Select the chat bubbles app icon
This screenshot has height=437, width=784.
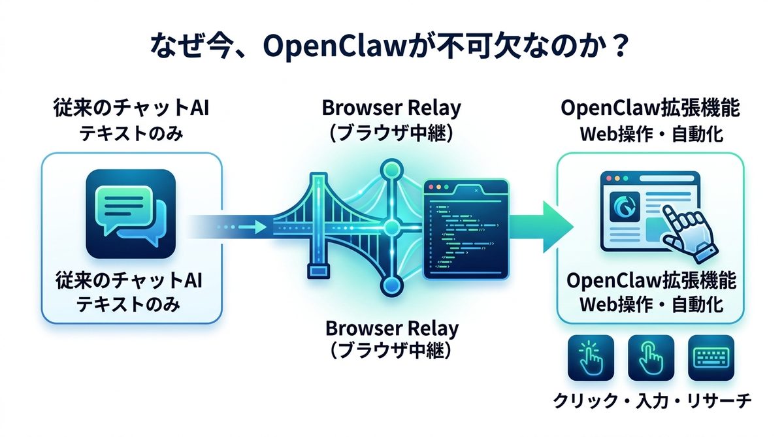click(131, 214)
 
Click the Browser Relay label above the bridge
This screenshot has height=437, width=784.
click(391, 108)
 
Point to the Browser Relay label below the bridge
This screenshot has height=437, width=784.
click(391, 327)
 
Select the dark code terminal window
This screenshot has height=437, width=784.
click(465, 229)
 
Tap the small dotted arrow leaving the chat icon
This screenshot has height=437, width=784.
click(242, 227)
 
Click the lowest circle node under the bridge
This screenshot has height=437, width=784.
click(391, 285)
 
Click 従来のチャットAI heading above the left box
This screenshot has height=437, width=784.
click(131, 109)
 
